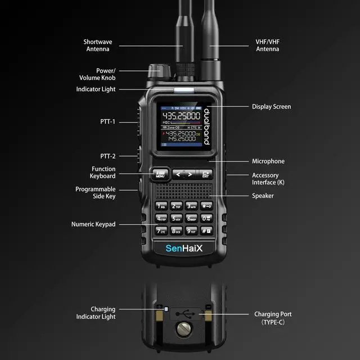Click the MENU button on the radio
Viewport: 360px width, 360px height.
(x=160, y=174)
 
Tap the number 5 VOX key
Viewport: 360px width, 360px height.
(x=177, y=218)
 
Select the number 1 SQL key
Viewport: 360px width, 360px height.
(x=162, y=206)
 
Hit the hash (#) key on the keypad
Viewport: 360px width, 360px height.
(x=206, y=231)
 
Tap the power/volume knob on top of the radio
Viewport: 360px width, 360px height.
(x=157, y=72)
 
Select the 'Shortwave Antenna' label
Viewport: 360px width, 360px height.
(x=98, y=46)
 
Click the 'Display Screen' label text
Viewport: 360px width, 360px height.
(x=271, y=106)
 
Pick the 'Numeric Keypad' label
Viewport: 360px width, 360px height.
(x=93, y=224)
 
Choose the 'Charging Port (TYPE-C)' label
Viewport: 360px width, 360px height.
(x=273, y=318)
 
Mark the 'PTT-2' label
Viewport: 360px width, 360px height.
(x=107, y=156)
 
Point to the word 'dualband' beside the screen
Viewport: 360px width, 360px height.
(x=206, y=125)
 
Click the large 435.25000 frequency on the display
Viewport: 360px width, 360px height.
(x=181, y=115)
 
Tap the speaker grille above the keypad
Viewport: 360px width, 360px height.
(x=184, y=191)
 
